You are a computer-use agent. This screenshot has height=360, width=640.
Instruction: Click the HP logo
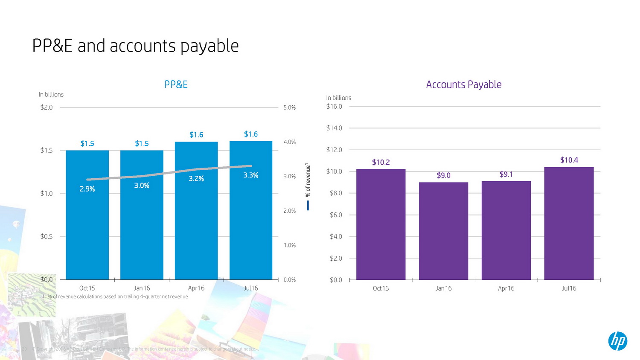click(x=617, y=341)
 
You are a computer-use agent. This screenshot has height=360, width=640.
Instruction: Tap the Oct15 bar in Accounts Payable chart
click(x=381, y=226)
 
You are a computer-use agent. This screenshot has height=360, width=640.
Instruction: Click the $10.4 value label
click(x=569, y=160)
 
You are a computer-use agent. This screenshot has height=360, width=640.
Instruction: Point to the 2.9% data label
click(x=87, y=189)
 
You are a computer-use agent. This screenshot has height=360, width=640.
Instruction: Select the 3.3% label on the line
click(x=250, y=175)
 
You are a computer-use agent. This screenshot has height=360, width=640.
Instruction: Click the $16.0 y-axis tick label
click(x=334, y=107)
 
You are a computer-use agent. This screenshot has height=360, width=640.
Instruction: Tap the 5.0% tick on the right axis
click(x=289, y=107)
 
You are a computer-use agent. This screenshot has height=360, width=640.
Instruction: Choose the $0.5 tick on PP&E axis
click(x=47, y=236)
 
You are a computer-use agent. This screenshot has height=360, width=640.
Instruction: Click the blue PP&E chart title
click(x=176, y=84)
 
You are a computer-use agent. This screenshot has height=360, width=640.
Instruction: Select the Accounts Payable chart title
click(x=463, y=84)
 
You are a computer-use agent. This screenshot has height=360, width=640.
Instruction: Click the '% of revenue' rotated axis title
click(x=308, y=180)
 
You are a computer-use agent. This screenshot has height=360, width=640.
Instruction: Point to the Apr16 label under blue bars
click(x=196, y=288)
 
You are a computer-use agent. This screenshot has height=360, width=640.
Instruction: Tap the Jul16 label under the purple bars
click(x=569, y=288)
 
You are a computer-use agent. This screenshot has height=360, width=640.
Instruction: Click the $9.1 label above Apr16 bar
click(x=506, y=174)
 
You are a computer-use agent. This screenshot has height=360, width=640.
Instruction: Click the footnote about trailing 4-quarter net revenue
click(x=115, y=296)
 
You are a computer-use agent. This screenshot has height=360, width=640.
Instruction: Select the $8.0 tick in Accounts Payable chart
click(x=336, y=193)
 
